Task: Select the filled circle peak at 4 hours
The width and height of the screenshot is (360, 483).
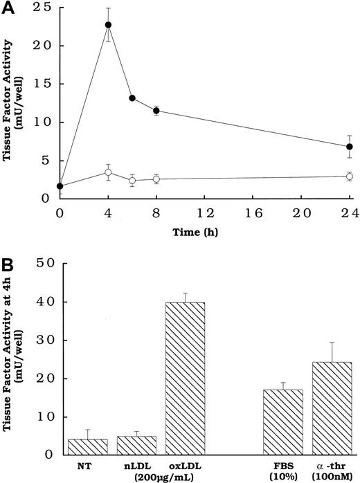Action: [x=108, y=25]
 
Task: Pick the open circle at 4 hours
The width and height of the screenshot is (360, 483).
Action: [x=108, y=172]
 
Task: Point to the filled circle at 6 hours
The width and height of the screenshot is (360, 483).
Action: [x=132, y=98]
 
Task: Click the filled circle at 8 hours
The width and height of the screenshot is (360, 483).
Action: [x=156, y=111]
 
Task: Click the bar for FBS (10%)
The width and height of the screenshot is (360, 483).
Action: [x=284, y=422]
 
